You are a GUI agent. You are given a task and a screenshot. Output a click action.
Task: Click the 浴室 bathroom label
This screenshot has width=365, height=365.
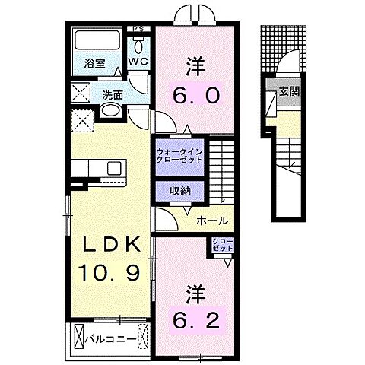[x=94, y=65]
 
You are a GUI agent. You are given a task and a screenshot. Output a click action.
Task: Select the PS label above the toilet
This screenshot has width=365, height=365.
[x=138, y=30]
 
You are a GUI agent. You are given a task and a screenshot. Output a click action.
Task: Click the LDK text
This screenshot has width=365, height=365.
[x=110, y=245]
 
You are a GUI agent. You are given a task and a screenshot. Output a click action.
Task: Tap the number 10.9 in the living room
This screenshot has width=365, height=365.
[x=110, y=271]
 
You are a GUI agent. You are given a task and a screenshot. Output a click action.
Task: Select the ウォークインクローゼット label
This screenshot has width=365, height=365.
[x=179, y=155]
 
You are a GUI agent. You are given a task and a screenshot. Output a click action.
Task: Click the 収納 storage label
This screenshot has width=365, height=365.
[x=179, y=192]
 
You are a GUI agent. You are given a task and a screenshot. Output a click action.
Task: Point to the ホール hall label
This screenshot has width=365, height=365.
[x=210, y=221]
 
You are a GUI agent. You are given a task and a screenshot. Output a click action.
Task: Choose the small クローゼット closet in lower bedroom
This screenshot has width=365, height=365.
[x=224, y=246]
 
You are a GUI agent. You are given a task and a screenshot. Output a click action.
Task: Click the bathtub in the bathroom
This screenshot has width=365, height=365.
[x=97, y=40]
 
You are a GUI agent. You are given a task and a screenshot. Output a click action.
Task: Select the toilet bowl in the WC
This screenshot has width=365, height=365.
[x=138, y=44]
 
